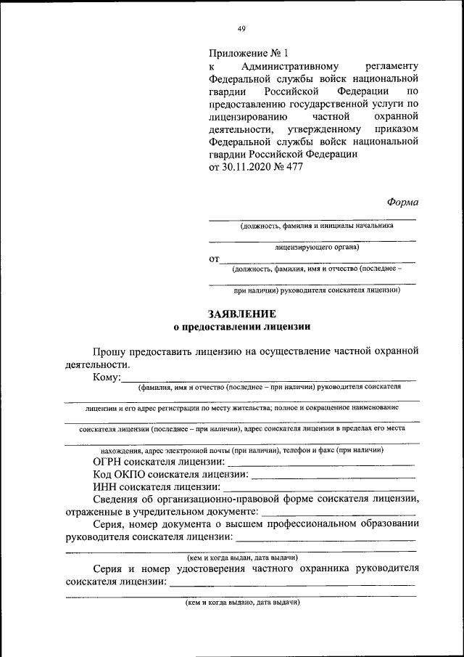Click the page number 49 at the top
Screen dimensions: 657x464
[x=241, y=28]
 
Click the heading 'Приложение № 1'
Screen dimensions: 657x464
[x=248, y=53]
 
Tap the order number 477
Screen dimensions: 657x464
[x=294, y=166]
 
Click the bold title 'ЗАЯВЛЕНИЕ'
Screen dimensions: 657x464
[x=241, y=314]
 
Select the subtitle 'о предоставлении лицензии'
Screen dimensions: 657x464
[x=241, y=327]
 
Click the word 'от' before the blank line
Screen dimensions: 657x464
[x=214, y=258]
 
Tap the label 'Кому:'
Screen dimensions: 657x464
[x=107, y=377]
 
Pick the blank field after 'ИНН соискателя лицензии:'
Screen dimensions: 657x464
[x=318, y=486]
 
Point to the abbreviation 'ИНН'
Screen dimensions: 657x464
[x=104, y=486]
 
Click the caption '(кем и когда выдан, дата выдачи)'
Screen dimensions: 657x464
[x=241, y=558]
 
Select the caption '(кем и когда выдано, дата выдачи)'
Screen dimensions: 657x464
[x=241, y=602]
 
